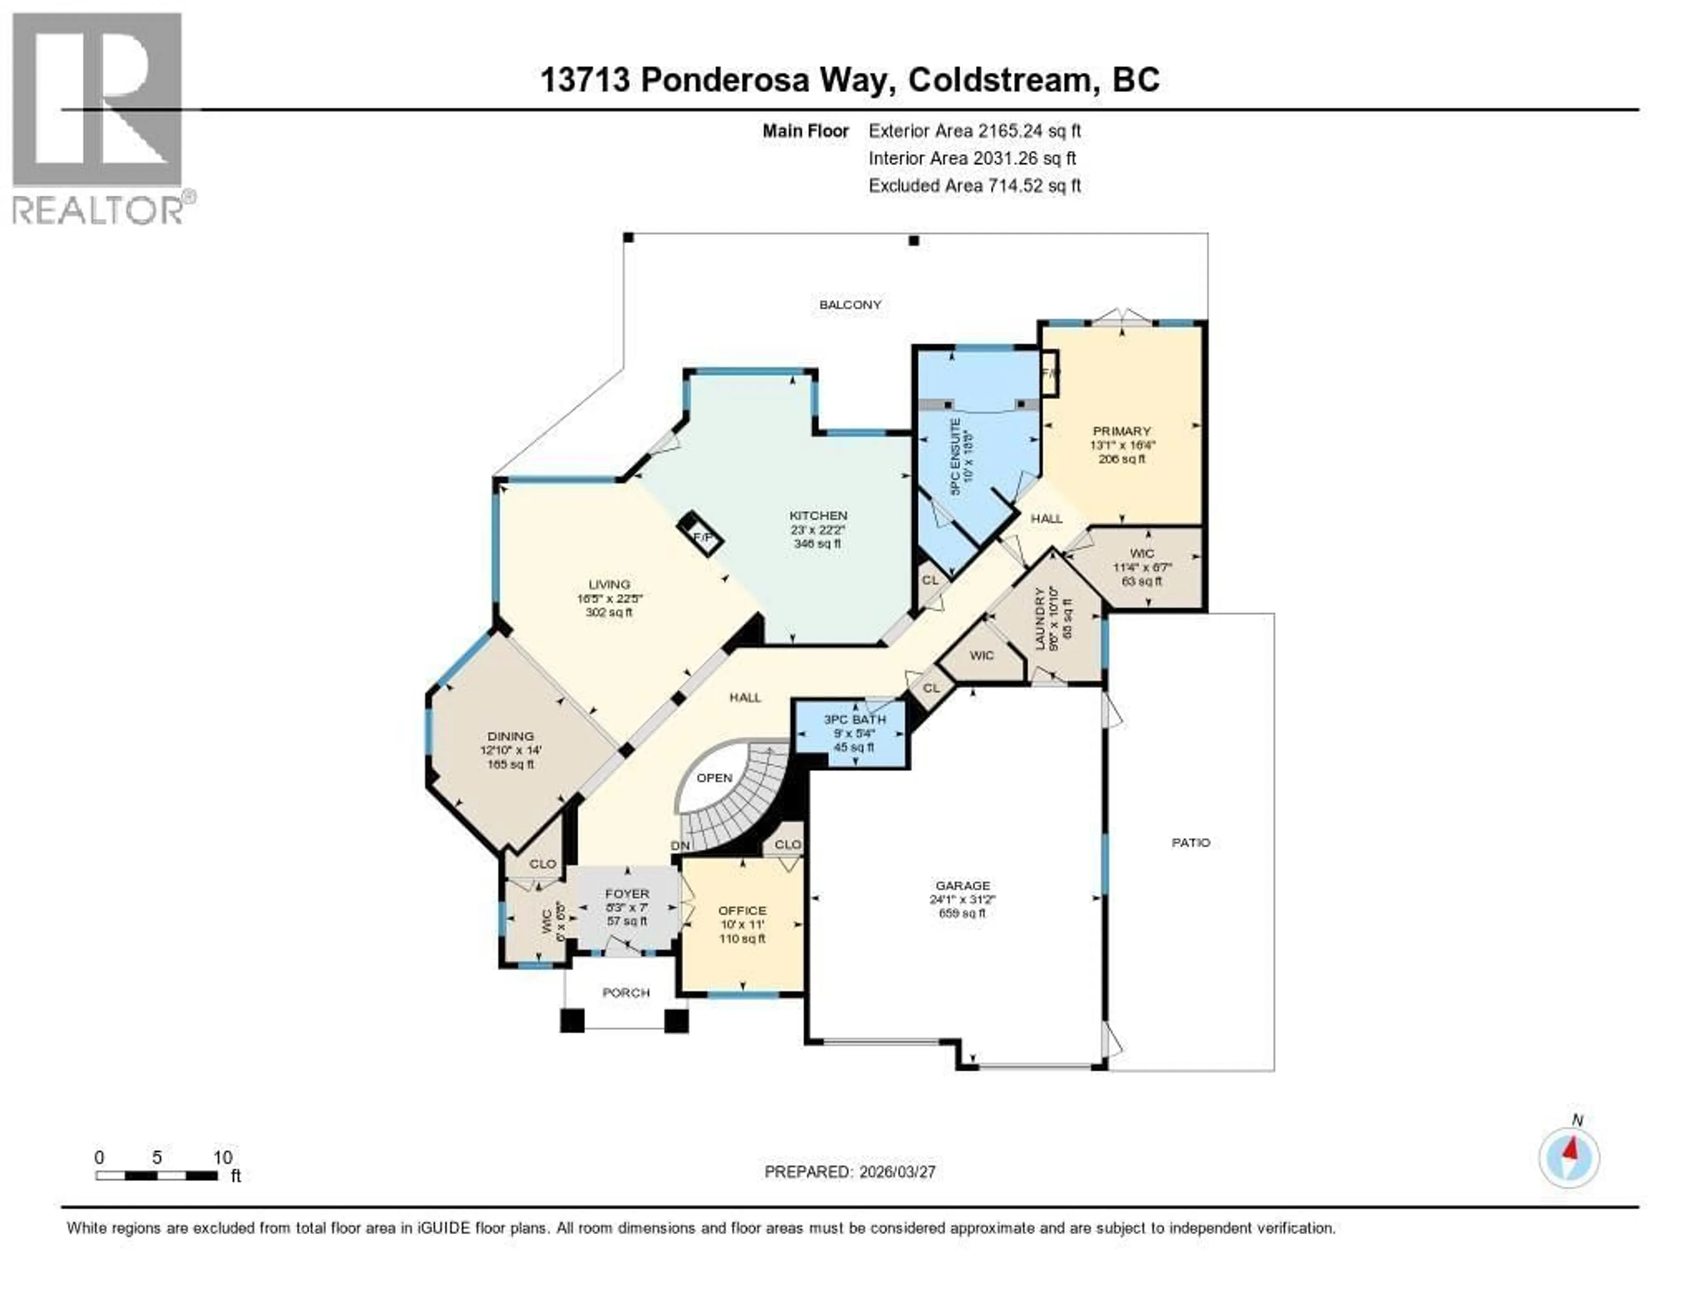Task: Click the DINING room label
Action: (x=510, y=735)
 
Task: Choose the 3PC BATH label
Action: (x=855, y=719)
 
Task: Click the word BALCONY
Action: (x=850, y=304)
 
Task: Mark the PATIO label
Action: (x=1190, y=842)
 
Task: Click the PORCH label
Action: (x=626, y=992)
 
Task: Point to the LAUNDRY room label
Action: (x=1039, y=619)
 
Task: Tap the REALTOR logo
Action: (x=99, y=117)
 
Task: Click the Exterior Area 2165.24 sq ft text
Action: (x=974, y=131)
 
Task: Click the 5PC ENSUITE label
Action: (x=956, y=456)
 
